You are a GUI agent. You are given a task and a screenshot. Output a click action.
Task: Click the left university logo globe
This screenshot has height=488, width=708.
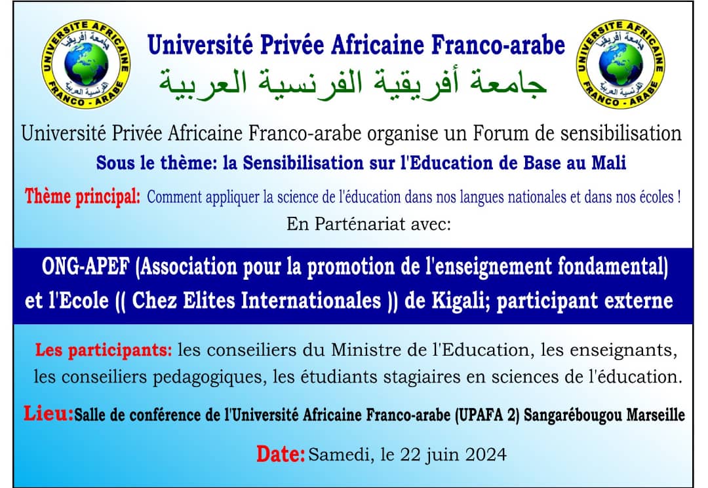click(x=86, y=64)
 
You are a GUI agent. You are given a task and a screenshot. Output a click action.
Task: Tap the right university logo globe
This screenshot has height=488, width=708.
click(x=620, y=64)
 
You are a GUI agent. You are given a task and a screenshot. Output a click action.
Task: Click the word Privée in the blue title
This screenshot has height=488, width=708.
click(x=292, y=45)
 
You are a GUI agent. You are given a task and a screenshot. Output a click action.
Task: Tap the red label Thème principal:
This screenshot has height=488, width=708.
click(x=82, y=197)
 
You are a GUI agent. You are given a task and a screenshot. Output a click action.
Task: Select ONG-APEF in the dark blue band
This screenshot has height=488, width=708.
click(x=85, y=267)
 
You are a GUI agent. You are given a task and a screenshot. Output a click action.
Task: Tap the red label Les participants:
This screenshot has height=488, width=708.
click(x=104, y=350)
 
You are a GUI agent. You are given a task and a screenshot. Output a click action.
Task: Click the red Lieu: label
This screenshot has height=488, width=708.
click(x=49, y=413)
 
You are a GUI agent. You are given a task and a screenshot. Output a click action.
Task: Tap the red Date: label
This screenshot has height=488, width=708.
click(x=281, y=454)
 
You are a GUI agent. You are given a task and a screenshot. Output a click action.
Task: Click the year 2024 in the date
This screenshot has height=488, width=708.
click(x=486, y=455)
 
